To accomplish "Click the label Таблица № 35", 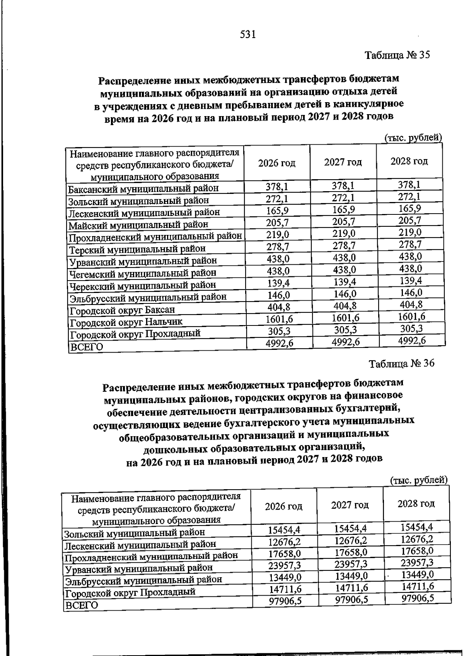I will pos(397,55).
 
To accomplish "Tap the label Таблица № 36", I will pos(402,363).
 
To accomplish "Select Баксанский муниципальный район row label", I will pos(143,189).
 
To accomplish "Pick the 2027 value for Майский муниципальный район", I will pos(343,221).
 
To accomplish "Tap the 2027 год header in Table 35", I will pos(343,162).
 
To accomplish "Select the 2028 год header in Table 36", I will pos(416,504).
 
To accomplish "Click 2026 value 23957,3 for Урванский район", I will pos(285,565).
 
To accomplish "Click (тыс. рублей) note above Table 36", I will pos(419,480).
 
